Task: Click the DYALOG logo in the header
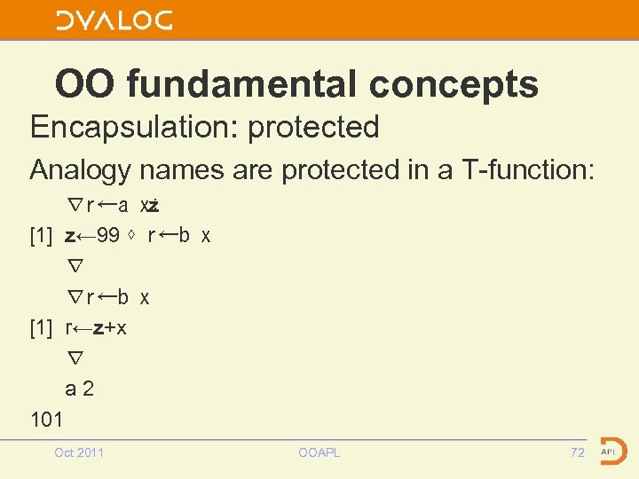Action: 114,20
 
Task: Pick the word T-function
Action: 532,169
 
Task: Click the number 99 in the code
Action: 109,236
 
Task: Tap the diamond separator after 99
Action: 133,236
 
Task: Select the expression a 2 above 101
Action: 80,389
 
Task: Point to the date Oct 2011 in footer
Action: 79,452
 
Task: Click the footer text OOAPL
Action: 319,452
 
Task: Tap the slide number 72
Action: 578,452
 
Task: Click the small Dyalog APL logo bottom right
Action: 611,450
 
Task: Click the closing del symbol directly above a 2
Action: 75,358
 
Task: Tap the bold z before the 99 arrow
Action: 70,236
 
